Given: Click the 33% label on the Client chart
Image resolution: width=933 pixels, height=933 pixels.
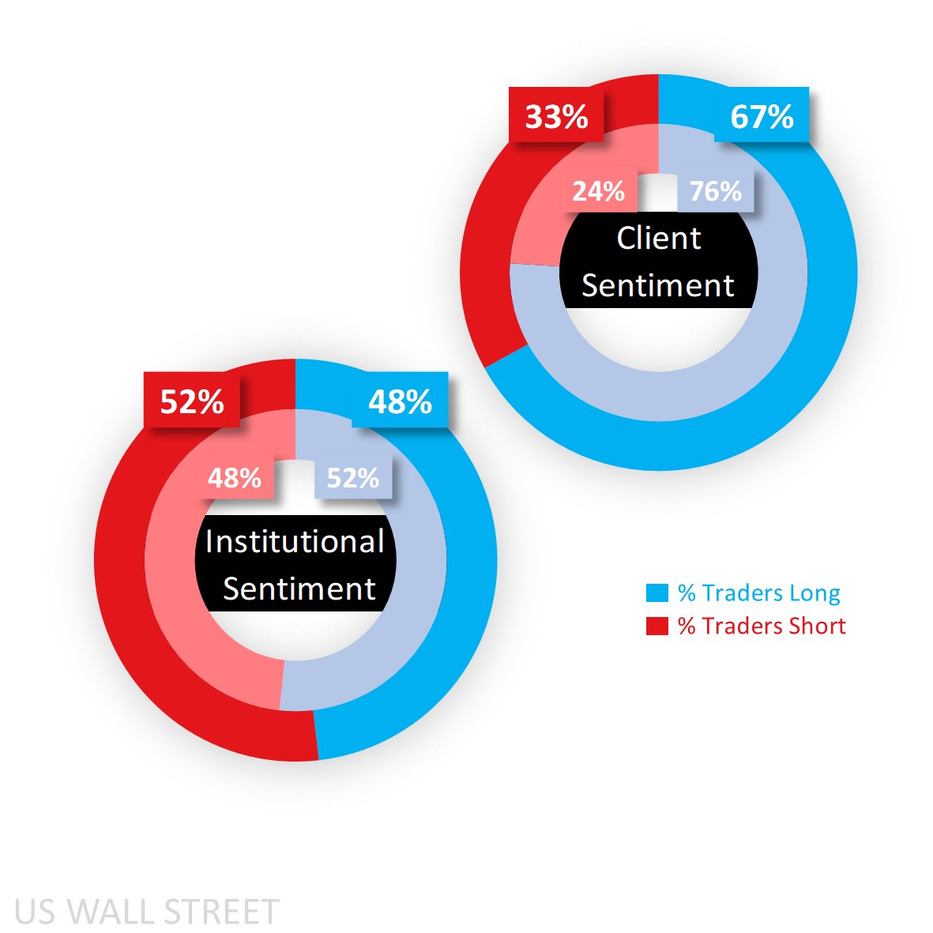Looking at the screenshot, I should pyautogui.click(x=556, y=117).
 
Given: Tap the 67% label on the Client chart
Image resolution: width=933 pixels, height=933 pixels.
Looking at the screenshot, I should pyautogui.click(x=762, y=117).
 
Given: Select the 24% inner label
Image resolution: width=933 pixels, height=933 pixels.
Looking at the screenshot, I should pyautogui.click(x=598, y=191).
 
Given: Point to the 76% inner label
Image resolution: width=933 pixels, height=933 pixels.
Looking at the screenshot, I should pyautogui.click(x=716, y=191).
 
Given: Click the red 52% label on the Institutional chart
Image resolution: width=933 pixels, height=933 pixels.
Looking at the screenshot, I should pyautogui.click(x=192, y=402).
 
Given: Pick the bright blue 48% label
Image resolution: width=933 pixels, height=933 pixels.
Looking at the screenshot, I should pyautogui.click(x=400, y=402).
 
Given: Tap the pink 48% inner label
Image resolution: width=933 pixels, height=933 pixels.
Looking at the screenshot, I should pyautogui.click(x=235, y=478).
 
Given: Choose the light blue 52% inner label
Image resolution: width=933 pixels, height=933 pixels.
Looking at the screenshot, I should pyautogui.click(x=353, y=478).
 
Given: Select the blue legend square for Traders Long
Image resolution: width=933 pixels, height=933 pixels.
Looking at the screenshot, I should pyautogui.click(x=657, y=593).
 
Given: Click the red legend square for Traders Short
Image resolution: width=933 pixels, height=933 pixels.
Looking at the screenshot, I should pyautogui.click(x=657, y=626).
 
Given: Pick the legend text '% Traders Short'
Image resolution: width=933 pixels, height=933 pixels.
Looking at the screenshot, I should pyautogui.click(x=762, y=626).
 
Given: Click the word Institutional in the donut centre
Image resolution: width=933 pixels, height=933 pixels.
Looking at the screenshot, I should pyautogui.click(x=295, y=542).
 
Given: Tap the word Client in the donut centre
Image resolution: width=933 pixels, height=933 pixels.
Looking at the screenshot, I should pyautogui.click(x=658, y=239).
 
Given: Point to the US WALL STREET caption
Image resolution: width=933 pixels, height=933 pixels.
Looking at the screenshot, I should pyautogui.click(x=147, y=912).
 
